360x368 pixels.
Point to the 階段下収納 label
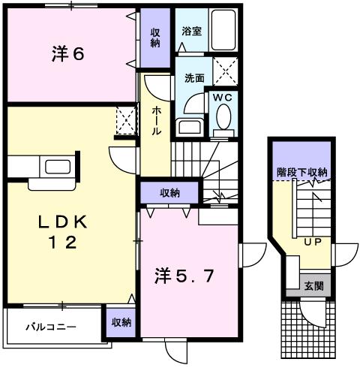pos(301,173)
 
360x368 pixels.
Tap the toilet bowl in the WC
pos(223,117)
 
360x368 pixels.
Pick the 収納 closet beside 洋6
pos(154,37)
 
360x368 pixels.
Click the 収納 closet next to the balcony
pos(121,322)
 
